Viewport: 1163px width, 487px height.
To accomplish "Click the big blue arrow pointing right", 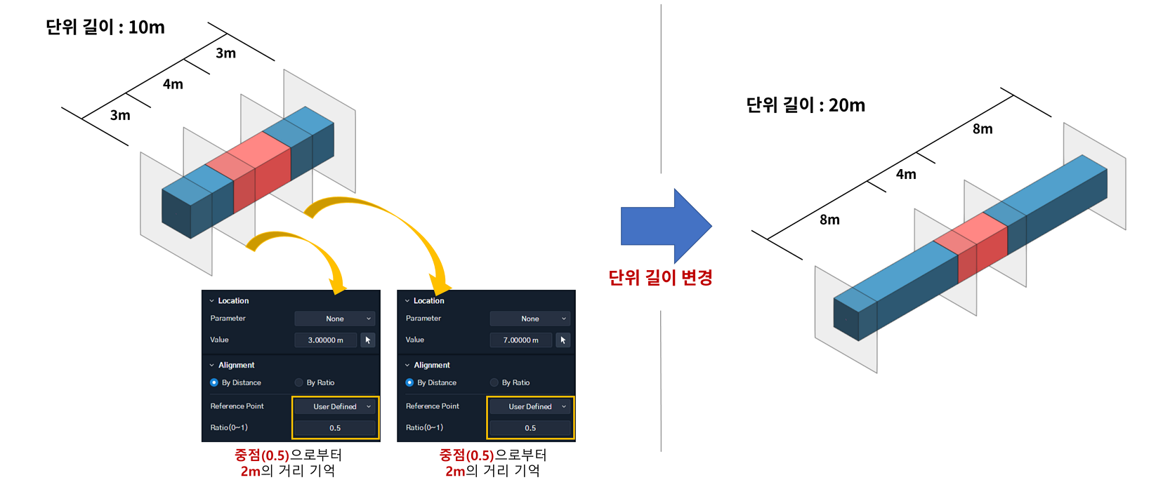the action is click(666, 226).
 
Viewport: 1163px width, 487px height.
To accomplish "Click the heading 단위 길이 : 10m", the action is click(105, 27).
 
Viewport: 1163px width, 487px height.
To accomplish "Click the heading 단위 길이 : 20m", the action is click(806, 105).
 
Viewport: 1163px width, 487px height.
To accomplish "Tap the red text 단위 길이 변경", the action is click(660, 277).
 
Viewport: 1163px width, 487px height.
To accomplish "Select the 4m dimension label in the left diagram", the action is click(173, 84).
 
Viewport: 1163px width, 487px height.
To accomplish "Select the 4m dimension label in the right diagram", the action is click(906, 174).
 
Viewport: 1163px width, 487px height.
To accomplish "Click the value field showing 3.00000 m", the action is click(326, 340).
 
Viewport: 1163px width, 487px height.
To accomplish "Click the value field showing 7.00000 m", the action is click(521, 340).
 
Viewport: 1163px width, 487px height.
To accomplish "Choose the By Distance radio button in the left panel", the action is click(214, 382).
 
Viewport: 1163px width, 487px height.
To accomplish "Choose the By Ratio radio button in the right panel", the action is click(494, 382).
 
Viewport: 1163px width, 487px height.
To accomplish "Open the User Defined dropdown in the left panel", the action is click(335, 406).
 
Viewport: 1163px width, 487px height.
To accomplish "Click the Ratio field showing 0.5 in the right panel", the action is click(530, 428).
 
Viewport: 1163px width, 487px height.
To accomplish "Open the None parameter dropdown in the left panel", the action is click(335, 319).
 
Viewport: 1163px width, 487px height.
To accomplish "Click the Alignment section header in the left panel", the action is click(236, 365).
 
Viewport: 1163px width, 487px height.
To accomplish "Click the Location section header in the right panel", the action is click(428, 301).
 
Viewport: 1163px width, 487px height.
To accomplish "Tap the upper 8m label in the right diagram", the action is click(983, 129).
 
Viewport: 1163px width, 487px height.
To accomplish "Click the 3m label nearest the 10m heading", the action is click(226, 53).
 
